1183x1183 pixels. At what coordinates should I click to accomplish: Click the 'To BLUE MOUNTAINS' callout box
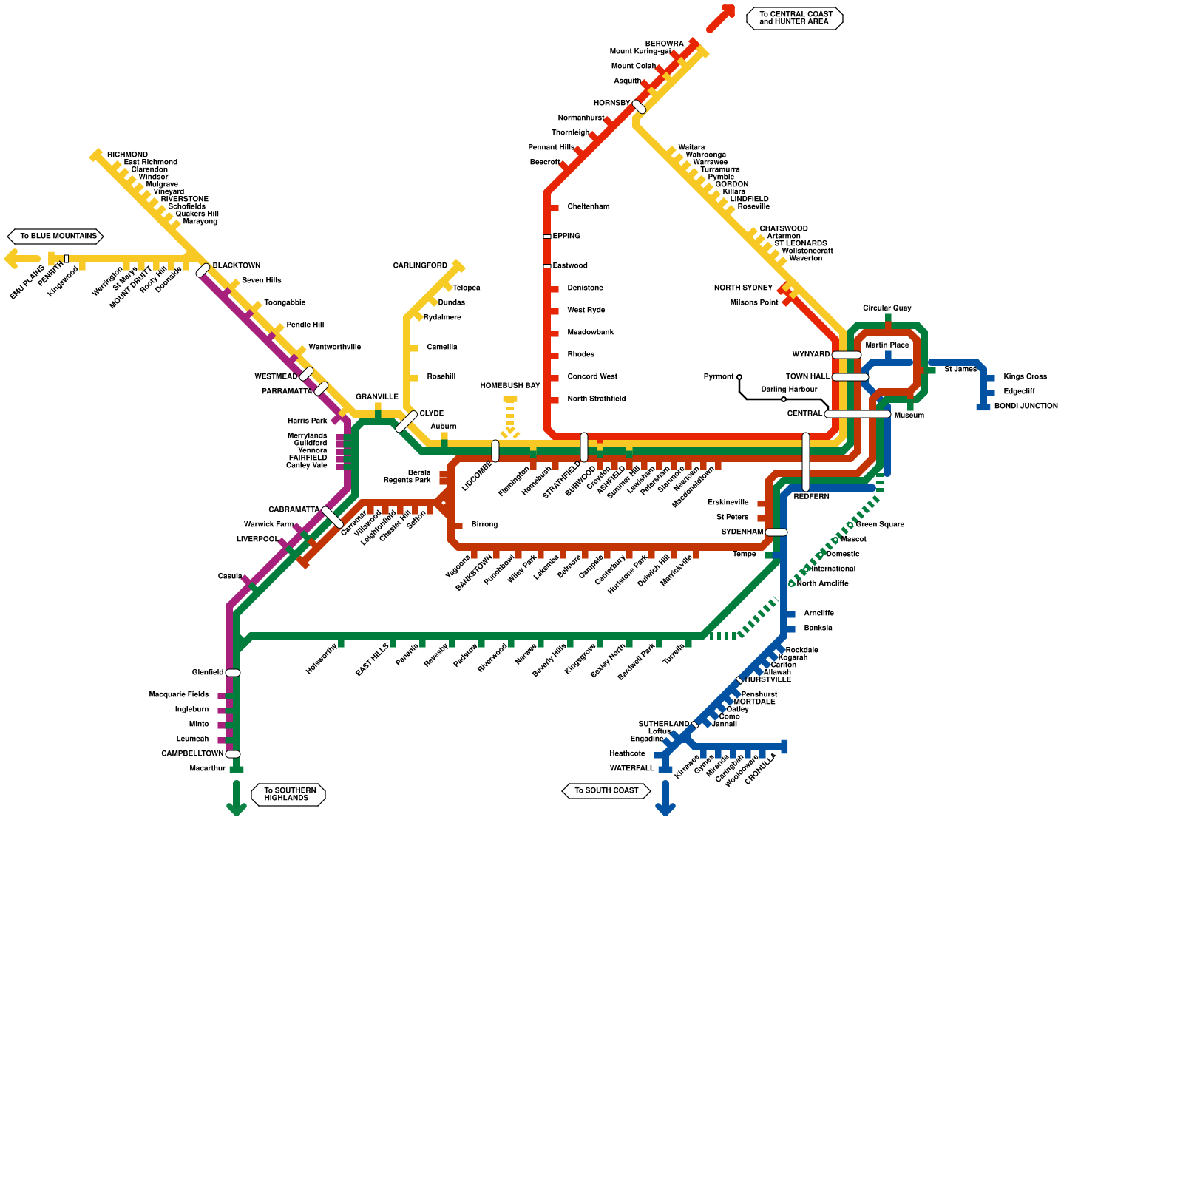[55, 237]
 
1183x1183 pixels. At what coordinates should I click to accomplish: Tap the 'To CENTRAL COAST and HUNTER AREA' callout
[795, 18]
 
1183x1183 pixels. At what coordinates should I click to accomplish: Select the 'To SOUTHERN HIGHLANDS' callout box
[288, 794]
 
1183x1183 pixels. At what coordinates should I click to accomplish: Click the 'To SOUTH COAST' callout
[606, 790]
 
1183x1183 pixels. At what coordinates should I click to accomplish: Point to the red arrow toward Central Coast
[721, 18]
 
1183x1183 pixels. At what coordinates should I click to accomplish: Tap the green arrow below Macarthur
[236, 799]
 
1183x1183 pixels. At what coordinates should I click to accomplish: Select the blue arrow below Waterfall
[665, 799]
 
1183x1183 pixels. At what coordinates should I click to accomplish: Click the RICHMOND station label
[127, 155]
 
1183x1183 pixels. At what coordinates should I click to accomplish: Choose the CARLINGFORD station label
[420, 265]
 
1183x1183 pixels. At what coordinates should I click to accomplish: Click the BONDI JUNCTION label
[1026, 406]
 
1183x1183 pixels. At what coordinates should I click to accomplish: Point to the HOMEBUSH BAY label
[510, 385]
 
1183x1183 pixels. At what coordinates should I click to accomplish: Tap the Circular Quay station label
[887, 308]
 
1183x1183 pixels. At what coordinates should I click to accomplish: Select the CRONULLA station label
[761, 769]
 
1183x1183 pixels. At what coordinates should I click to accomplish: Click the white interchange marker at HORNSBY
[640, 106]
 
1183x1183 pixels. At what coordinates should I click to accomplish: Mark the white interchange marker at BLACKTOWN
[203, 270]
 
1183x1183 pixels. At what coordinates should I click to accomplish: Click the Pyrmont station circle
[739, 377]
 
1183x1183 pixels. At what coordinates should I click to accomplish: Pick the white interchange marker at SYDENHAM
[776, 532]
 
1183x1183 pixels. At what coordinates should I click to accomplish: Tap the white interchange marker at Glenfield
[233, 673]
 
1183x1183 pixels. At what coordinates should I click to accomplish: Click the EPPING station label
[566, 236]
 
